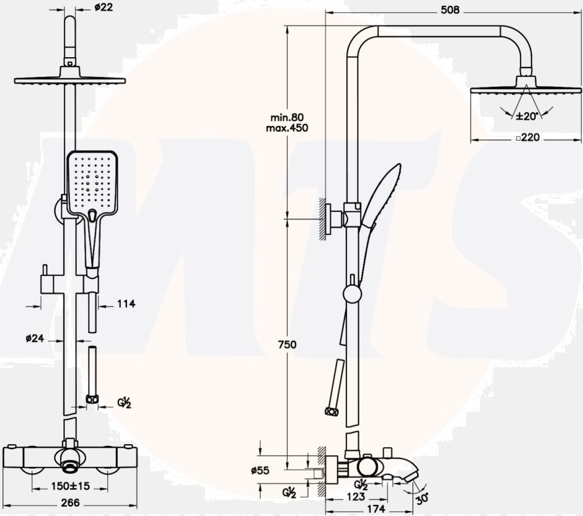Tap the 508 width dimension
coord(451,10)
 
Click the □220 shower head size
coord(526,138)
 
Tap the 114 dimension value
coord(126,304)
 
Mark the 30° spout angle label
coord(422,498)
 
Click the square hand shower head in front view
coord(92,181)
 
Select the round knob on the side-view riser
coord(352,293)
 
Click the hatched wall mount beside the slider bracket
coord(321,218)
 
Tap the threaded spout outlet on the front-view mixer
coord(71,463)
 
